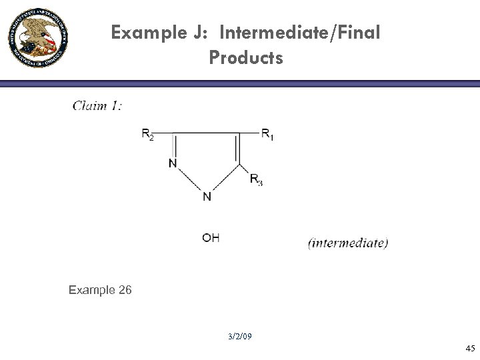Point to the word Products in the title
click(246, 58)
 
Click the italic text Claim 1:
click(97, 105)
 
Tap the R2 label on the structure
click(148, 135)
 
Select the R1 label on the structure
click(267, 135)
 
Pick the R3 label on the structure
click(256, 179)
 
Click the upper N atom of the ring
click(172, 164)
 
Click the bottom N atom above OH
click(207, 197)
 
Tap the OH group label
click(211, 238)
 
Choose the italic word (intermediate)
click(348, 243)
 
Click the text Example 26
click(100, 290)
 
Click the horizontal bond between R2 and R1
click(207, 132)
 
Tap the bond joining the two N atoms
click(189, 180)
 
